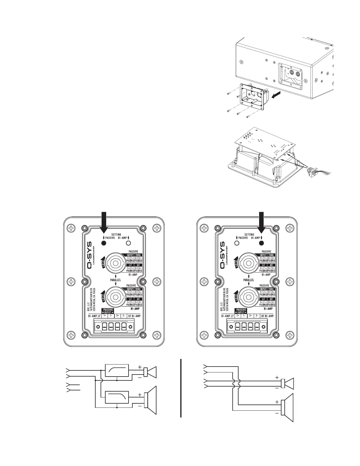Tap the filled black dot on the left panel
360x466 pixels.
[104, 243]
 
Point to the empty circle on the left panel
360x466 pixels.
[128, 243]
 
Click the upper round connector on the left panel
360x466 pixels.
[115, 261]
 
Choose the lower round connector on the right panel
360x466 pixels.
[249, 295]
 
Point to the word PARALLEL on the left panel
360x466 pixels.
[116, 280]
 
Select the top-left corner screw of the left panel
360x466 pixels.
[71, 228]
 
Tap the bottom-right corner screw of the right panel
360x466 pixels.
[290, 335]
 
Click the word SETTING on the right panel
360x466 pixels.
[249, 235]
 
